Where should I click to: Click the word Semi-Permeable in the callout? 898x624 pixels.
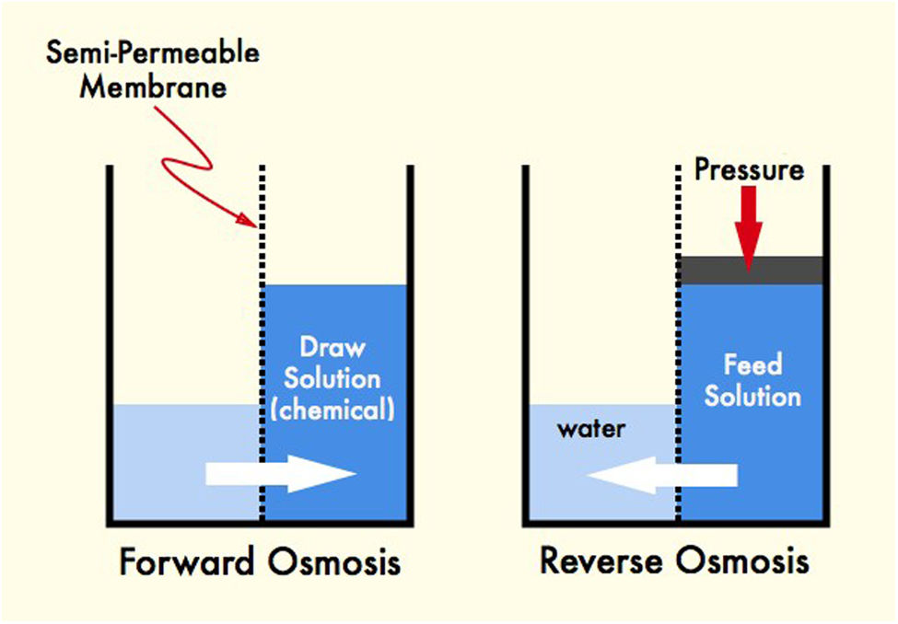coord(152,53)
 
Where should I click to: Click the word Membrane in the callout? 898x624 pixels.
coord(153,87)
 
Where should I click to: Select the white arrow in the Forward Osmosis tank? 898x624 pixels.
coord(281,474)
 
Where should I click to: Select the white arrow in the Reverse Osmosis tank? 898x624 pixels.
coord(662,475)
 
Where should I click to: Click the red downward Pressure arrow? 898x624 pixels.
coord(749,229)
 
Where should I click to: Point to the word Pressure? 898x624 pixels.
coord(749,169)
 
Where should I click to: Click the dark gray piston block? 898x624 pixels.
coord(751,271)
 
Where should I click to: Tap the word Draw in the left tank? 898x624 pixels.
coord(332,347)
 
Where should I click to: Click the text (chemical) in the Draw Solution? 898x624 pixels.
coord(332,410)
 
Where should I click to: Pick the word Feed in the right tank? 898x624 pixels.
coord(752,364)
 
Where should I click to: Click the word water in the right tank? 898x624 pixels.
coord(591,429)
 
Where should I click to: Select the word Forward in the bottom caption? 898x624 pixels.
coord(187,561)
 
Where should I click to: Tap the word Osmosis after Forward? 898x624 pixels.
coord(334,561)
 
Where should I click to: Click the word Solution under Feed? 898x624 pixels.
coord(752,396)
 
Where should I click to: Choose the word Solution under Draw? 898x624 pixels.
coord(332,378)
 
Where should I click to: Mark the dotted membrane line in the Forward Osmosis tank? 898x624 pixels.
coord(262,343)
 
